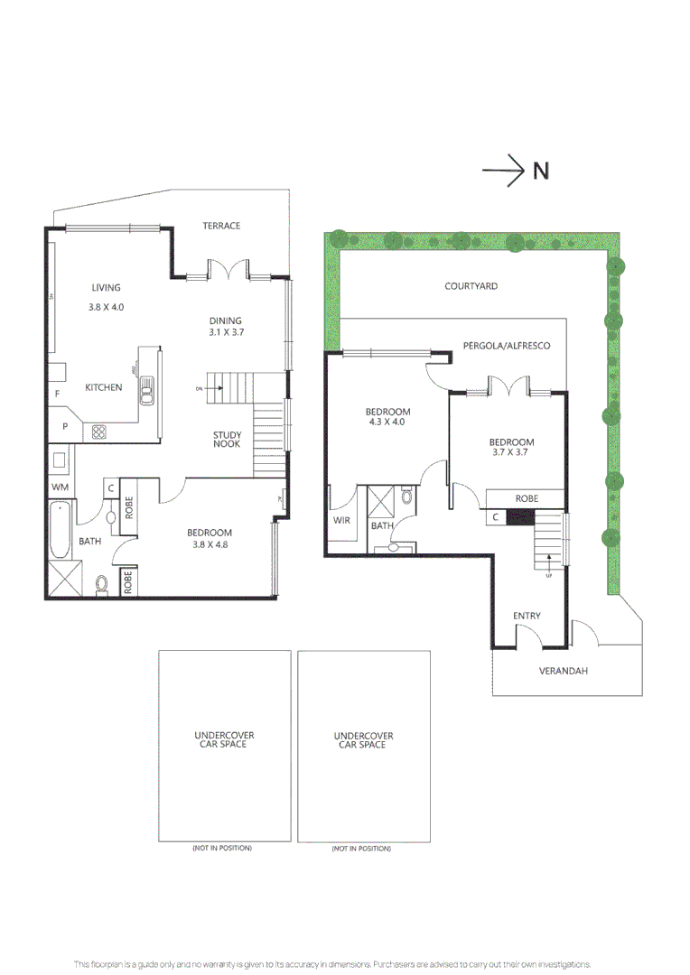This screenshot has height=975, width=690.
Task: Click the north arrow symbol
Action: (504, 171)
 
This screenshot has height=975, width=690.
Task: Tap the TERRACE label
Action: (221, 226)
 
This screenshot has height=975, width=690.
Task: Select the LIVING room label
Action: (106, 288)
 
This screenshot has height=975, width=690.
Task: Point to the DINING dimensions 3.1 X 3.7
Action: (227, 332)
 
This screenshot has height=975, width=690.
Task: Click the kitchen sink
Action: (146, 388)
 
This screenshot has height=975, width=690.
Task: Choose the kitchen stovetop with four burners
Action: (99, 432)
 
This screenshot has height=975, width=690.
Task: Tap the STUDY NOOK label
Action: (227, 440)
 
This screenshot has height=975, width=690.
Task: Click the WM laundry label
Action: (60, 487)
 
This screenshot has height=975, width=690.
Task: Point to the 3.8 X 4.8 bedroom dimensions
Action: (210, 544)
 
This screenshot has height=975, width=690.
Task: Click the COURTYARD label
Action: (471, 286)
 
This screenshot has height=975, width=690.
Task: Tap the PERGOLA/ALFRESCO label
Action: (506, 346)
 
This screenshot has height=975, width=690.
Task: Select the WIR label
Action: (341, 519)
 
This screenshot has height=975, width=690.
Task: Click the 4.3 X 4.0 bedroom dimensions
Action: (387, 422)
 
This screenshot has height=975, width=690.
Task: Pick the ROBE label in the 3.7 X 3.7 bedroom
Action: (527, 498)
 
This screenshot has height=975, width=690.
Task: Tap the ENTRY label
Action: (527, 617)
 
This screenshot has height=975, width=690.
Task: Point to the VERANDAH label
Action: (564, 671)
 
